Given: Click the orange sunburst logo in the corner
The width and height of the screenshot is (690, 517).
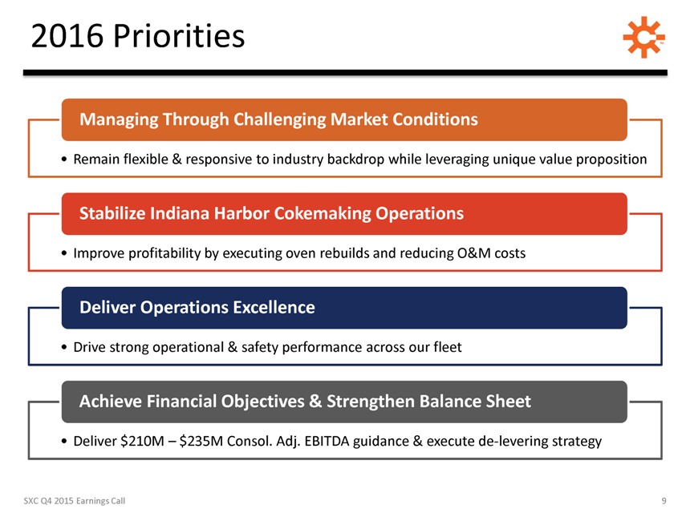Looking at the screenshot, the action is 643,37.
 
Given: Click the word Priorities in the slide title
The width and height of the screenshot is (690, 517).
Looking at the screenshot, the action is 179,35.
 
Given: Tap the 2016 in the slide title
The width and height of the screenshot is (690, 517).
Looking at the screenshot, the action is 67,36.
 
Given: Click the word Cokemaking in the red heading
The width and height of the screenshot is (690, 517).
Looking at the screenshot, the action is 323,214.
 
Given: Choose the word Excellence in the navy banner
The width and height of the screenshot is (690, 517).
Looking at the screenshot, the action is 274,307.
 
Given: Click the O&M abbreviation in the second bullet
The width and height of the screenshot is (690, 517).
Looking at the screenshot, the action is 473,253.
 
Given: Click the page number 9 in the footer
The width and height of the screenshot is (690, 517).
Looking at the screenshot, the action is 664,501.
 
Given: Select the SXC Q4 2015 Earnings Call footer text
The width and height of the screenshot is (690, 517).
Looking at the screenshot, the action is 75,501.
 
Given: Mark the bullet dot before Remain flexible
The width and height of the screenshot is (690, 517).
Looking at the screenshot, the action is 65,160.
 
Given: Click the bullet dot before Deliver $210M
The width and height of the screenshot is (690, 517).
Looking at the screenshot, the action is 65,442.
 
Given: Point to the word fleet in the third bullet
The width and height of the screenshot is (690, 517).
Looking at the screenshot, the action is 448,347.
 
